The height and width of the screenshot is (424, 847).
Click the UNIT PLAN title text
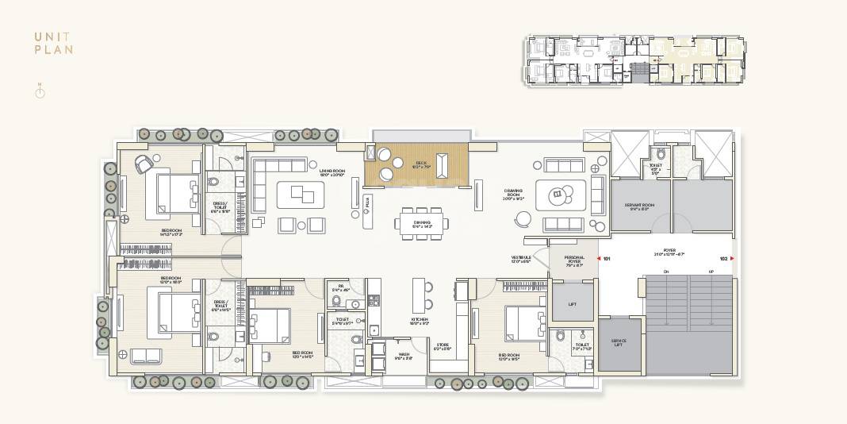(54, 43)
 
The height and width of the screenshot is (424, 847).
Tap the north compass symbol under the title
(40, 92)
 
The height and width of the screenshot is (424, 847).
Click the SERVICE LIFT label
(619, 342)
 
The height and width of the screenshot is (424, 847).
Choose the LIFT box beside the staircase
(573, 304)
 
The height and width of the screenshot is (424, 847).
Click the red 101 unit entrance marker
(604, 259)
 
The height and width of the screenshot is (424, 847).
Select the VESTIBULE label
(520, 259)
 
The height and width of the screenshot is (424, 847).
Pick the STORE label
(442, 345)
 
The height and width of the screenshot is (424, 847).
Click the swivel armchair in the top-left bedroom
(144, 164)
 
